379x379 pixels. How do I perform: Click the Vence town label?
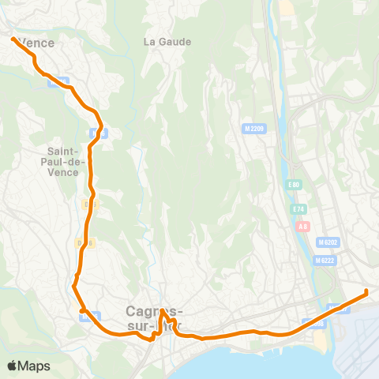[x=36, y=43]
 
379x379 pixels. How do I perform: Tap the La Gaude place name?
[x=163, y=41]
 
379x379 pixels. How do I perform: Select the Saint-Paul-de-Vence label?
[x=63, y=161]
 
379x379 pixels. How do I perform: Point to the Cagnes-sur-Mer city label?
[x=154, y=317]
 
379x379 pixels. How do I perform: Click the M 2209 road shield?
[x=253, y=127]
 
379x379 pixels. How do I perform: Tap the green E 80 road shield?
[x=294, y=185]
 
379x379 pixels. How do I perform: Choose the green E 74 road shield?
[x=298, y=209]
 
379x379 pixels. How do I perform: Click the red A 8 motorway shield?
[x=303, y=226]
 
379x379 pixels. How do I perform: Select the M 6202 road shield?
[x=329, y=242]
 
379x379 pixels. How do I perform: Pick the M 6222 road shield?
[x=325, y=261]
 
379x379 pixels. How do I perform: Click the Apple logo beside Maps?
[x=13, y=366]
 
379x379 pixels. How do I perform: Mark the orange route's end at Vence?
[x=12, y=37]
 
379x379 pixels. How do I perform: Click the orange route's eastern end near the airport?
[x=366, y=292]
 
